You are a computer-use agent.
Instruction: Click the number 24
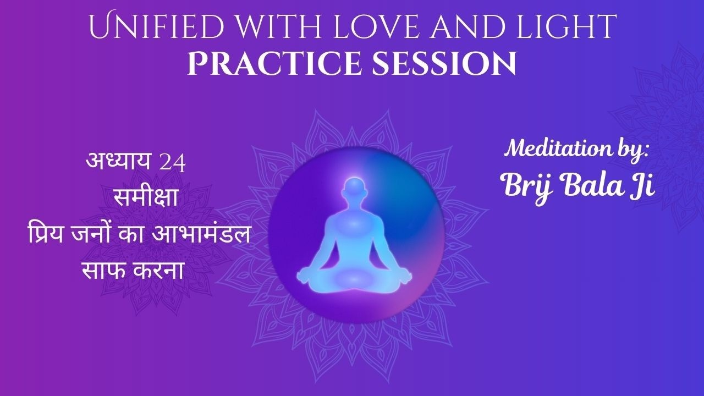click(x=172, y=163)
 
